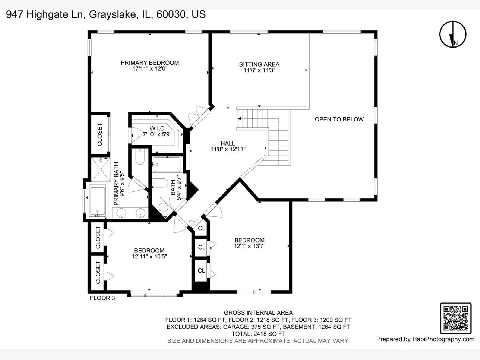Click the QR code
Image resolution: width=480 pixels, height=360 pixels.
(x=456, y=318)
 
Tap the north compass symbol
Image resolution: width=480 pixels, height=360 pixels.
(x=453, y=34)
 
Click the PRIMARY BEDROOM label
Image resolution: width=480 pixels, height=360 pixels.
(x=150, y=63)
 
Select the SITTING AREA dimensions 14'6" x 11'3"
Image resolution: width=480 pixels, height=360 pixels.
(x=259, y=70)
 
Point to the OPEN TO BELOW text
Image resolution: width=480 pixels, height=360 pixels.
(x=339, y=119)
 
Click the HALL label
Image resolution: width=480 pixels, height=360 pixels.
(x=228, y=143)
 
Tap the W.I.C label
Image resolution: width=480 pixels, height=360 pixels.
(x=157, y=128)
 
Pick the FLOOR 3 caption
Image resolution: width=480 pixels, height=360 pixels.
(x=102, y=298)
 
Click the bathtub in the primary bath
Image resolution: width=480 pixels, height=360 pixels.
(x=98, y=200)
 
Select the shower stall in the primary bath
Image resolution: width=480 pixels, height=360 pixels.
(x=100, y=169)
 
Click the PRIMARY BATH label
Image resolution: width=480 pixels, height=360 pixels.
(x=116, y=184)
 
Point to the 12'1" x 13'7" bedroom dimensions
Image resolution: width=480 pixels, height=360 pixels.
(x=250, y=246)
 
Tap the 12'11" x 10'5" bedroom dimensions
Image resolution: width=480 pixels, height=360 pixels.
(x=149, y=256)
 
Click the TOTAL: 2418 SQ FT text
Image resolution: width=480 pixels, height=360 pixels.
(x=258, y=334)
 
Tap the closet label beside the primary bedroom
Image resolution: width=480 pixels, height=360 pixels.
(x=100, y=135)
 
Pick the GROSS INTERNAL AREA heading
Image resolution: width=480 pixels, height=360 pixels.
(x=258, y=313)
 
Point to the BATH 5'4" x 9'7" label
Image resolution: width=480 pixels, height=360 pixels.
(x=176, y=188)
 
